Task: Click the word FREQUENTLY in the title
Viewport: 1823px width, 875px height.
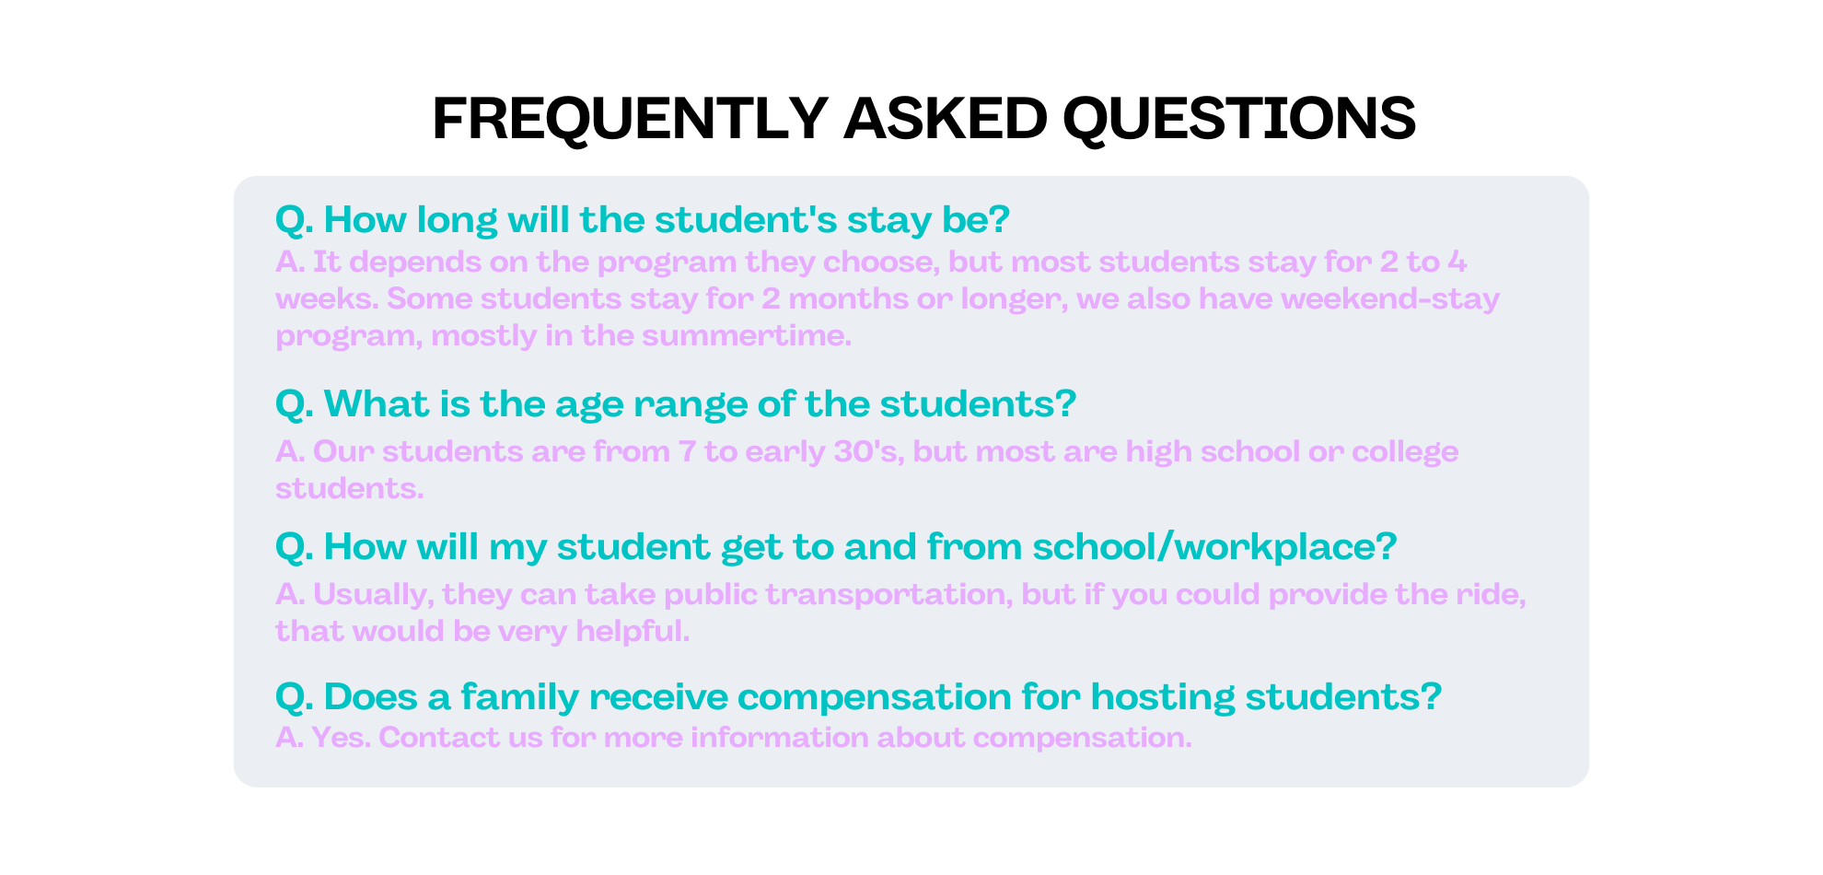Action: pyautogui.click(x=631, y=119)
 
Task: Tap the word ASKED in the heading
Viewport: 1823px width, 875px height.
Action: pyautogui.click(x=945, y=119)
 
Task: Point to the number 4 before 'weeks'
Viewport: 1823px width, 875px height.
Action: pyautogui.click(x=1457, y=262)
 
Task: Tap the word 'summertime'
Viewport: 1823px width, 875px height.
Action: pyautogui.click(x=746, y=335)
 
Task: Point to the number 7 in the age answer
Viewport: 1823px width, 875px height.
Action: pyautogui.click(x=687, y=451)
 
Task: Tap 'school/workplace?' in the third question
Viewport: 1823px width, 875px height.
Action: pyautogui.click(x=1215, y=547)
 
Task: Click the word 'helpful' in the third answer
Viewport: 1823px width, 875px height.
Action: pyautogui.click(x=632, y=632)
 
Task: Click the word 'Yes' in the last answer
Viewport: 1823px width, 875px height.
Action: pyautogui.click(x=340, y=737)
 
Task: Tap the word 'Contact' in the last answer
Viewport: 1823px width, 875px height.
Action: pyautogui.click(x=437, y=737)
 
